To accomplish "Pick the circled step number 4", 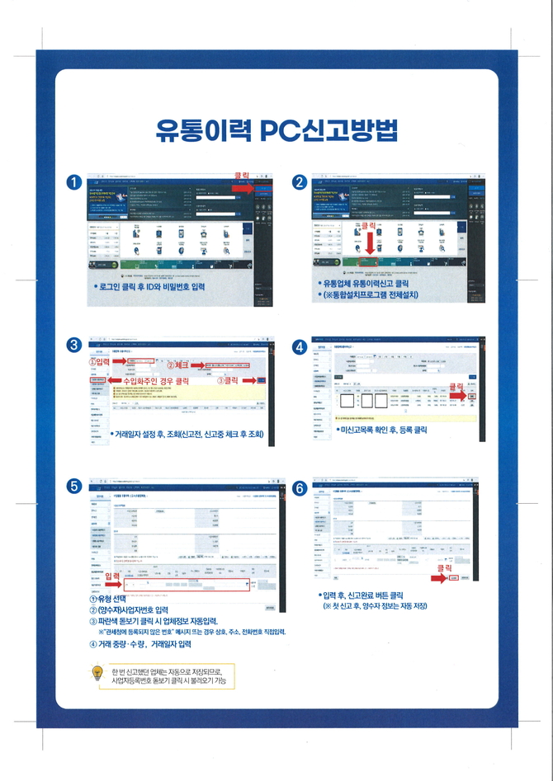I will click(x=298, y=347).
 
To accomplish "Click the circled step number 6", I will click(x=298, y=488).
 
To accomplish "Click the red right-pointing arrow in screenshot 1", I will click(x=245, y=189).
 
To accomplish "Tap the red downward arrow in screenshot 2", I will click(x=369, y=245).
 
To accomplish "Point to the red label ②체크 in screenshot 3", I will click(x=179, y=364).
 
